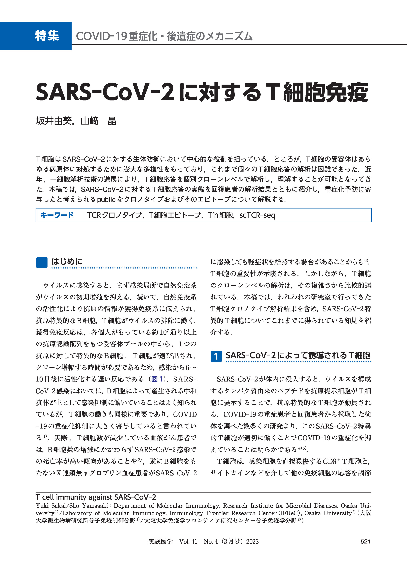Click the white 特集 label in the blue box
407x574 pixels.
[47, 36]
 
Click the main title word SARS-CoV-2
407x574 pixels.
[105, 93]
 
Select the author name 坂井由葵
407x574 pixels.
[54, 121]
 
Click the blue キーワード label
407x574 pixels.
[57, 215]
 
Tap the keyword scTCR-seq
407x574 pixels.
[257, 215]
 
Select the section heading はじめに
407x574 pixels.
[67, 262]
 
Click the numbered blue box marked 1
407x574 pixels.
[216, 356]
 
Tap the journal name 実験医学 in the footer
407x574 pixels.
[160, 542]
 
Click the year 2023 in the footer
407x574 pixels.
[252, 542]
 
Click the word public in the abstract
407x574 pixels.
[106, 200]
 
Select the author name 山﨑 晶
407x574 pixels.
[98, 121]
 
